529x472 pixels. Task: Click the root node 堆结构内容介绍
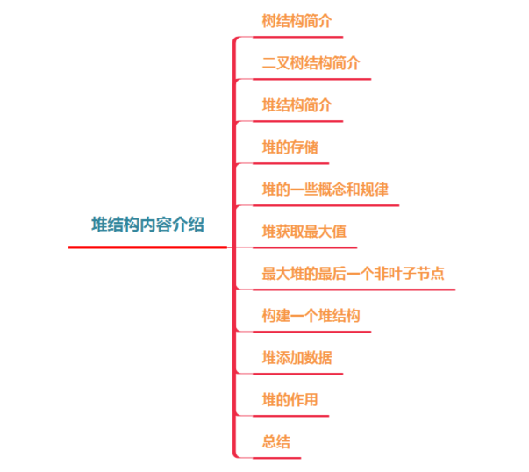point(147,225)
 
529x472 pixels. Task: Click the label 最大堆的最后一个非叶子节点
point(353,273)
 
